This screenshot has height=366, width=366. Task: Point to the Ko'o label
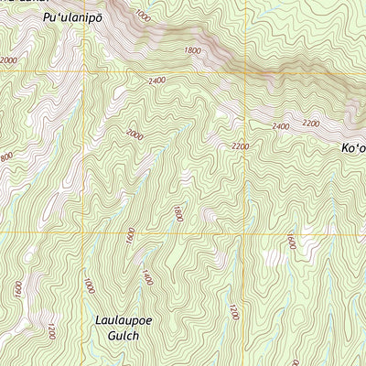[x=353, y=147]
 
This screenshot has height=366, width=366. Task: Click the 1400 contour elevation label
[x=146, y=276]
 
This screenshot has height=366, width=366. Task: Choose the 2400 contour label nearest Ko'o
[x=281, y=126]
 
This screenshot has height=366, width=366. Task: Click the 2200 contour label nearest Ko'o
[x=311, y=123]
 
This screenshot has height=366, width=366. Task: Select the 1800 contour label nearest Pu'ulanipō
[x=191, y=51]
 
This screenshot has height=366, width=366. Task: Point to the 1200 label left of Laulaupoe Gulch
[x=51, y=331]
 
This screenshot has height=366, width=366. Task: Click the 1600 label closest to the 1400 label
[x=131, y=234]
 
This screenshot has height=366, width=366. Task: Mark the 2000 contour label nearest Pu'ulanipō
[x=8, y=60]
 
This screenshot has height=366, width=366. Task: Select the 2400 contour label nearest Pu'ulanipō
[x=156, y=81]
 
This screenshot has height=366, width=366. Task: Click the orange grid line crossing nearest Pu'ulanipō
[x=89, y=71]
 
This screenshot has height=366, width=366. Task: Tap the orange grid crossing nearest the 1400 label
[x=89, y=232]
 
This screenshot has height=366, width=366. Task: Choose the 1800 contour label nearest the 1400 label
[x=177, y=214]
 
